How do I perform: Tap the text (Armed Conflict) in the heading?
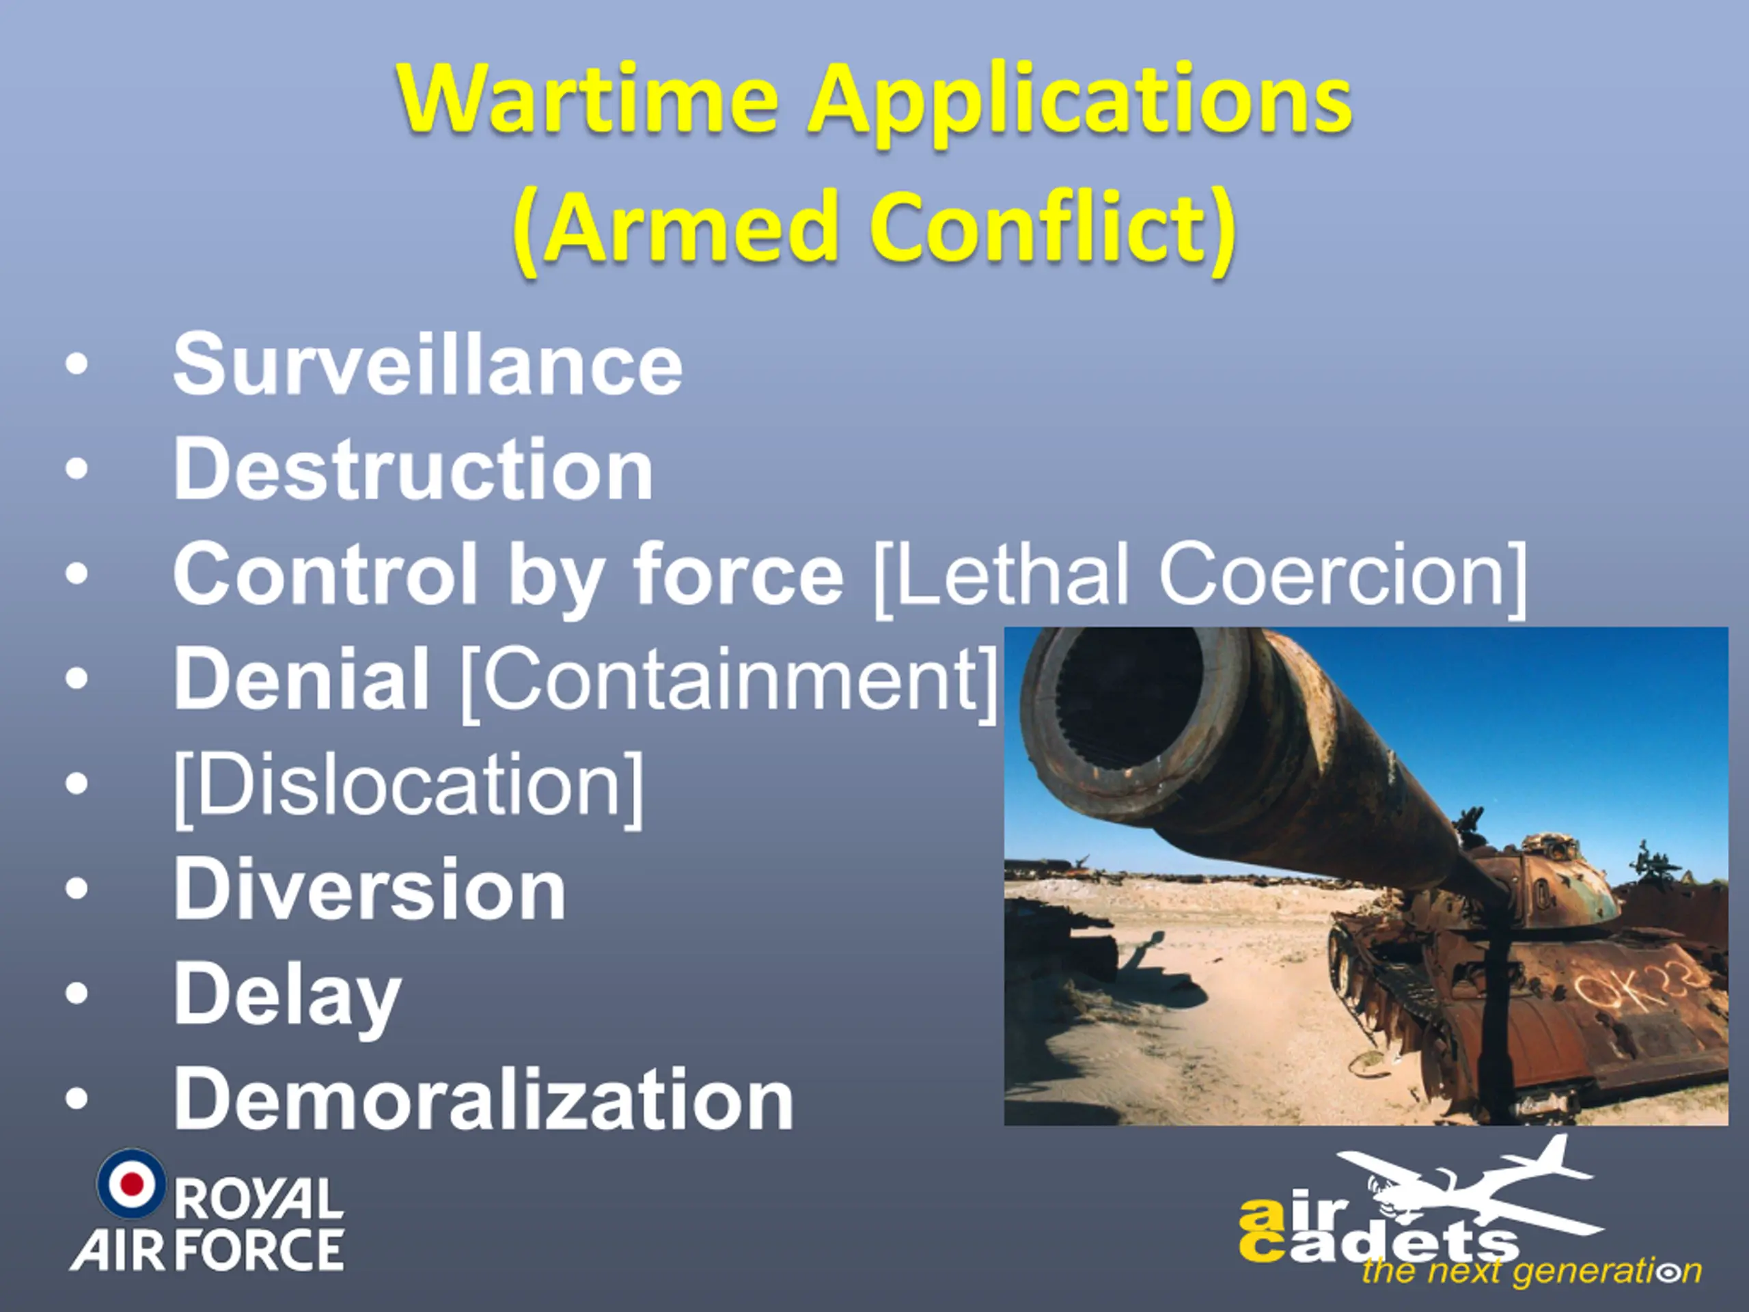click(x=874, y=230)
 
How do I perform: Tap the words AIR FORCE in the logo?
click(x=207, y=1250)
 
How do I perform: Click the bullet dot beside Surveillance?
click(x=76, y=366)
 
